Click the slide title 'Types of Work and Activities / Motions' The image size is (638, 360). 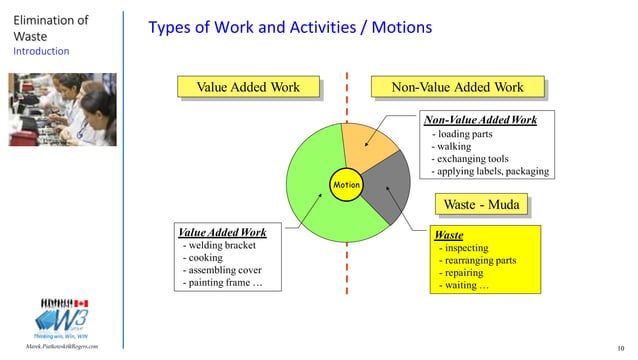click(290, 28)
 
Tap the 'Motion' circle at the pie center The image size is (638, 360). click(346, 185)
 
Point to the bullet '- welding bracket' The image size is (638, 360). click(220, 244)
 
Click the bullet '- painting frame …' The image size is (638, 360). click(224, 283)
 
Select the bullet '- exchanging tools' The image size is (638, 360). click(472, 159)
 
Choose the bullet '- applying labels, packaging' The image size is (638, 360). click(489, 172)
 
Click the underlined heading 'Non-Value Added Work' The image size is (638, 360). click(481, 120)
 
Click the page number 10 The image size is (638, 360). click(624, 347)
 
